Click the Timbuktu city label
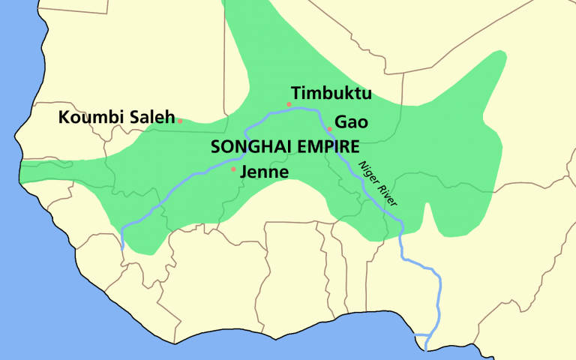[x=331, y=94]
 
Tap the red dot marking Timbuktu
[x=289, y=104]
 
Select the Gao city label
[x=351, y=121]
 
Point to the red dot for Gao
[x=329, y=129]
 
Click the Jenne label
[x=264, y=172]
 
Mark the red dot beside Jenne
[x=233, y=169]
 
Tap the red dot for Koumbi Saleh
[x=180, y=120]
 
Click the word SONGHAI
[x=247, y=146]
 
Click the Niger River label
[x=376, y=183]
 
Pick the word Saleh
[x=150, y=118]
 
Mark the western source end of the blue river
[x=122, y=247]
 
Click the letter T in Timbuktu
[x=296, y=94]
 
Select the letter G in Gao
[x=340, y=121]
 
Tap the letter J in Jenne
[x=243, y=172]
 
